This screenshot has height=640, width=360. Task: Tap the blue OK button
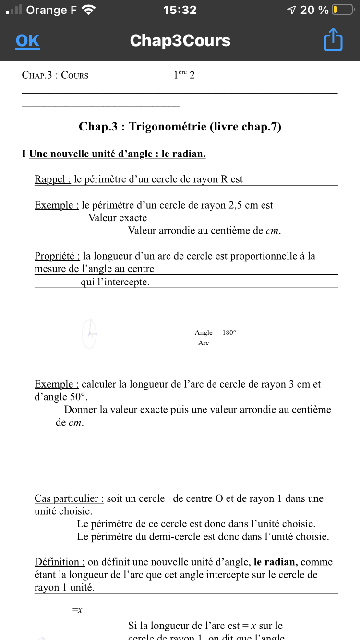(27, 41)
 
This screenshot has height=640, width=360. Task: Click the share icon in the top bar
(333, 40)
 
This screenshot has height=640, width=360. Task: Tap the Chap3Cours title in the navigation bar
(180, 41)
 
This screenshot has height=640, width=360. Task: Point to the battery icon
(343, 10)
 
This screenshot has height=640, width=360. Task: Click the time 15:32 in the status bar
(180, 10)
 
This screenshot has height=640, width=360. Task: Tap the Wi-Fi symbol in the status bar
(89, 10)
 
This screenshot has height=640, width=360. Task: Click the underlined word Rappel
(52, 179)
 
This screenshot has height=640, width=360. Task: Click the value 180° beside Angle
(229, 332)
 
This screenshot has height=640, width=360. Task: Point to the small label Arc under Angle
(204, 343)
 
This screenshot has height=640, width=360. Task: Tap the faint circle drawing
(89, 333)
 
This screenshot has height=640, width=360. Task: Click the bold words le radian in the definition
(276, 562)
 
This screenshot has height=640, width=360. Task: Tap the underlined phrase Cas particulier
(69, 498)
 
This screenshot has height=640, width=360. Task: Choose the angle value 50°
(78, 397)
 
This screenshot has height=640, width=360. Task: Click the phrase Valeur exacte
(118, 218)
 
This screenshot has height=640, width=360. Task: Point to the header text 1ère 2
(184, 75)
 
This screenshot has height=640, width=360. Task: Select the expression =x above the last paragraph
(77, 610)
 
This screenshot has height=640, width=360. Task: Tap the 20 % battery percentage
(314, 10)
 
